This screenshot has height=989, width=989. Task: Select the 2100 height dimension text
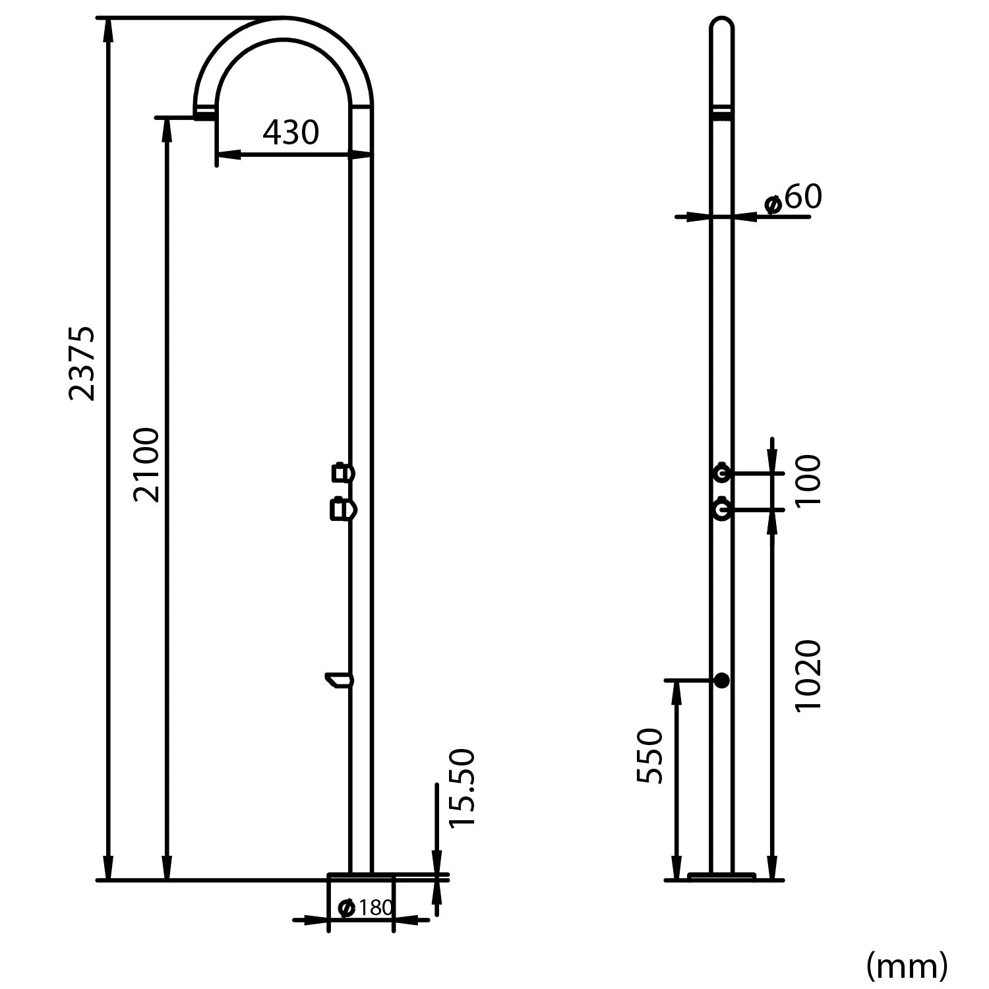tap(146, 465)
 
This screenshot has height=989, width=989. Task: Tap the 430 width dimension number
tap(291, 133)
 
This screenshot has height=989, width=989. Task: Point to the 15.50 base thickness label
tap(461, 789)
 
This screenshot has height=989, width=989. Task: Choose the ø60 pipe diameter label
tap(793, 198)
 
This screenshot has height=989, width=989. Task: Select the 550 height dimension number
tap(650, 756)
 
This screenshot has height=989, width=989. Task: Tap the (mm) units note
tap(907, 966)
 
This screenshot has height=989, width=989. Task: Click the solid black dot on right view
tap(722, 680)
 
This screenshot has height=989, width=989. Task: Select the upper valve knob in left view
tap(342, 473)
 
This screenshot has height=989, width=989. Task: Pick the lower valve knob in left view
tap(342, 510)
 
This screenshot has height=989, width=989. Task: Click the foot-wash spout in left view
tap(339, 679)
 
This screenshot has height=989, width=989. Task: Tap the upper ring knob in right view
tap(722, 473)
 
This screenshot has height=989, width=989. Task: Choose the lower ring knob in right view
tap(722, 510)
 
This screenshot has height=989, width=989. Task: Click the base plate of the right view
tap(721, 876)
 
